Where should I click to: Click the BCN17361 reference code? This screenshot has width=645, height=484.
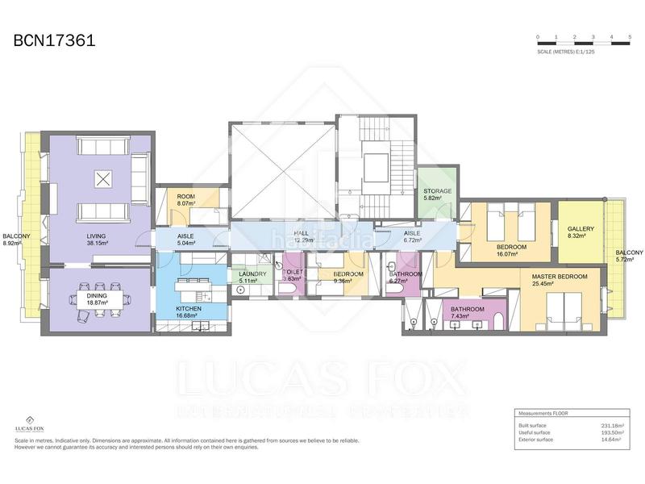(54, 40)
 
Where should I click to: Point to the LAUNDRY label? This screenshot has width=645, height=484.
(252, 274)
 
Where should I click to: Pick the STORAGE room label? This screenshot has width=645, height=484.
(437, 191)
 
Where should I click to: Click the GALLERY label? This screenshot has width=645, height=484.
(580, 228)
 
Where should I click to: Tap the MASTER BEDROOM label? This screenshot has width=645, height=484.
(560, 277)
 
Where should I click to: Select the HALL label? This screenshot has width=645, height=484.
(302, 233)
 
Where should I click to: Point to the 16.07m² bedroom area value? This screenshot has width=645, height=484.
(511, 253)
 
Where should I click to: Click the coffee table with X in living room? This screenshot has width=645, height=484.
(102, 179)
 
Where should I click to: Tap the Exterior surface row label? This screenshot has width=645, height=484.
(536, 440)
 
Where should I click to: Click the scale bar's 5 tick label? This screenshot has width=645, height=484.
(630, 38)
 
